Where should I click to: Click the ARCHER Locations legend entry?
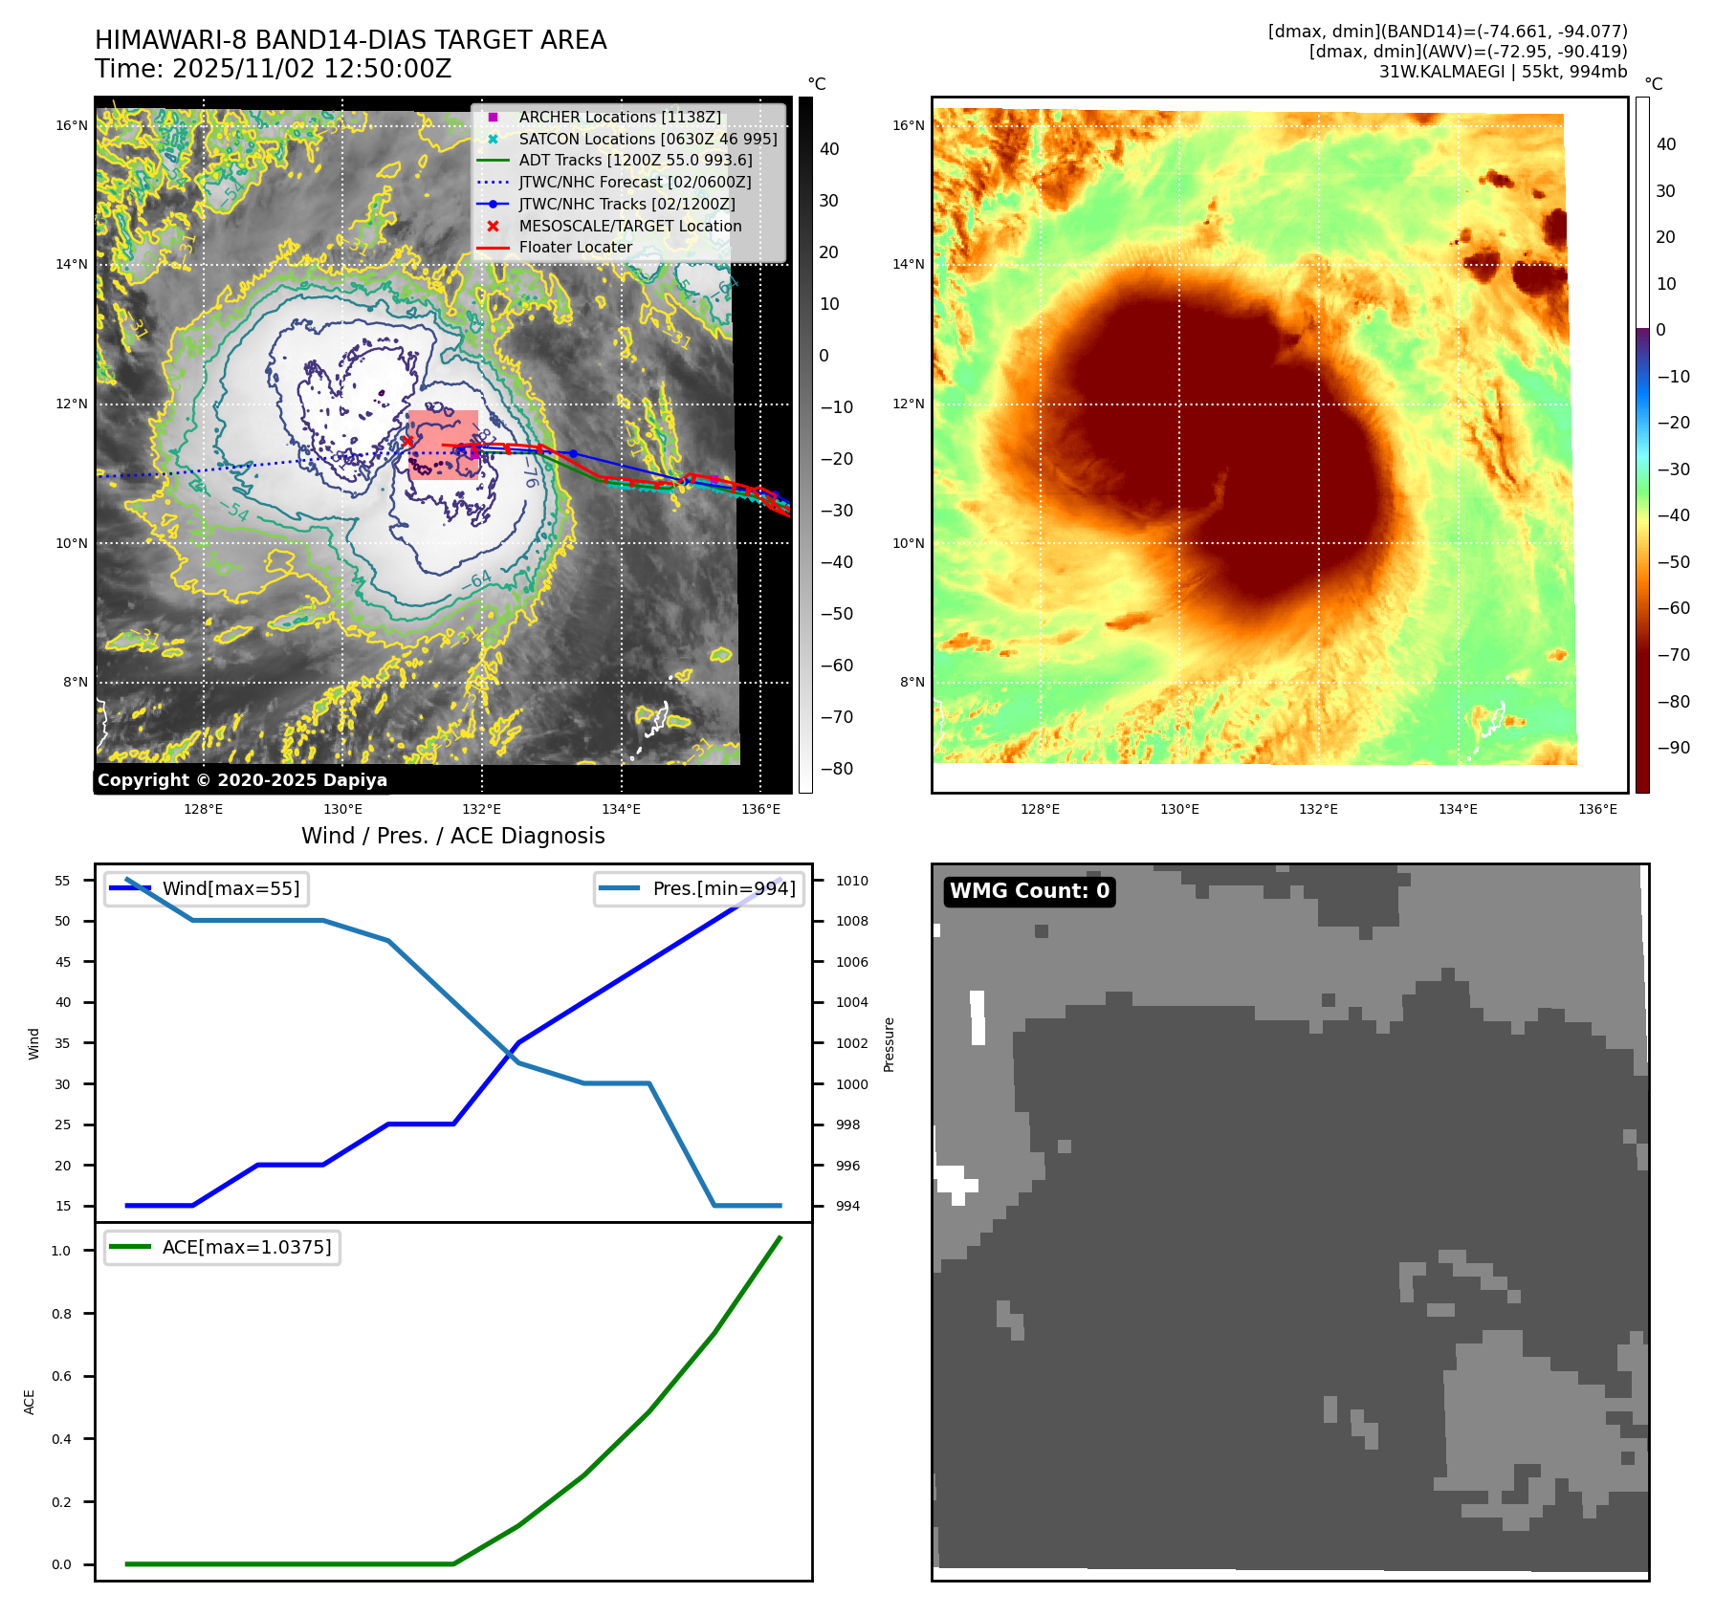coord(620,118)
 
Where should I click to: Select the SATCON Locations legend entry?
coord(648,140)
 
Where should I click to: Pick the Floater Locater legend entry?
coord(575,248)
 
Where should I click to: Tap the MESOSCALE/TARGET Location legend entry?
coord(629,227)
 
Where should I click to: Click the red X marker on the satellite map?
coord(407,441)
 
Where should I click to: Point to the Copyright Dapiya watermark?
coord(242,780)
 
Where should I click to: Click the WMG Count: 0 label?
coord(1029,891)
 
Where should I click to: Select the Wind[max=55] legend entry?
coord(231,889)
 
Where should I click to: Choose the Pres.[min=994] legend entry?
coord(723,889)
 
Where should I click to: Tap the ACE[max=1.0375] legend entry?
coord(246,1248)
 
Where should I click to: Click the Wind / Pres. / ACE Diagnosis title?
coord(452,837)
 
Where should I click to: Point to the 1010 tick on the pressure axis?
coord(851,882)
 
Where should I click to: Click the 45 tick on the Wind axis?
coord(63,963)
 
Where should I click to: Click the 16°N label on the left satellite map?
coord(72,126)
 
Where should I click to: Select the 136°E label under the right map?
coord(1597,810)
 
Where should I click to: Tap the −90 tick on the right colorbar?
coord(1673,748)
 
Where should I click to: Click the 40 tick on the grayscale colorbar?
coord(829,149)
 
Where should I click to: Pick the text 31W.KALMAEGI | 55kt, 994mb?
coord(1503,72)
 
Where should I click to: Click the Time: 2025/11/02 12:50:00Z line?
coord(273,70)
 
